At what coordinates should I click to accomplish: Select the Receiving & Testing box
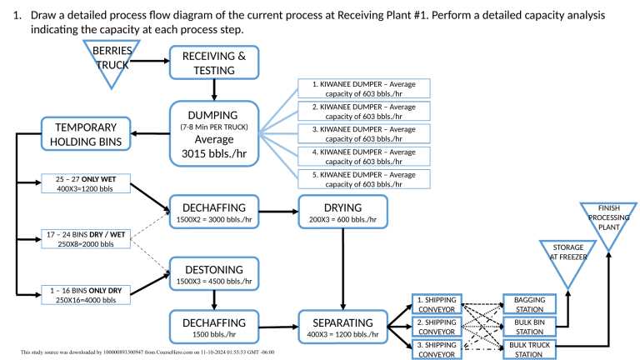tap(214, 62)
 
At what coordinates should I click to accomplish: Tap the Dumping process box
tap(214, 132)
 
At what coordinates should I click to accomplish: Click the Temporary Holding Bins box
tap(87, 134)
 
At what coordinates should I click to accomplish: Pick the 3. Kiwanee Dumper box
tap(363, 133)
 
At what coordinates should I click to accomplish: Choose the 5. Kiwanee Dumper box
tap(363, 178)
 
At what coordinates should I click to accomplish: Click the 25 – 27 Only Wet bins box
tap(83, 183)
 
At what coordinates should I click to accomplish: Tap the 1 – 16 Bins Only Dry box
tap(83, 293)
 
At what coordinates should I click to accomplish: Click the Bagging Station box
tap(529, 303)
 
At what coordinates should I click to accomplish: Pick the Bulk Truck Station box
tap(529, 348)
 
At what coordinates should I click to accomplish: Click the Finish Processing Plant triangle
tap(607, 221)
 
